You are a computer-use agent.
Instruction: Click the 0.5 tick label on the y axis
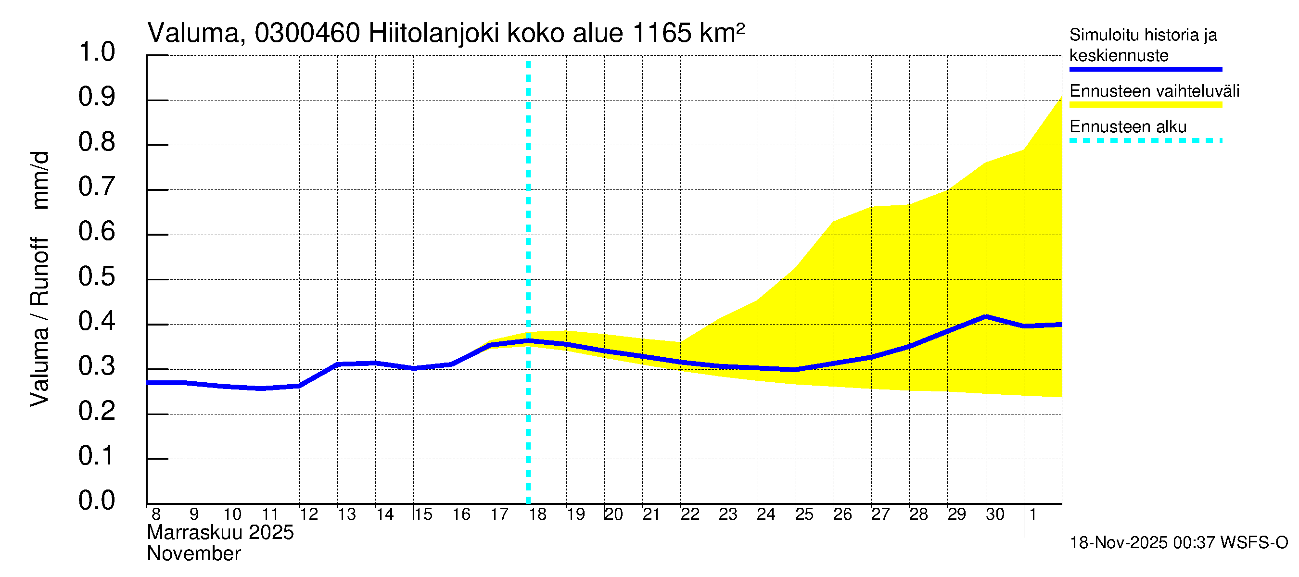click(x=96, y=276)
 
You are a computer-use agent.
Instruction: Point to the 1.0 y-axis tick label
click(x=96, y=52)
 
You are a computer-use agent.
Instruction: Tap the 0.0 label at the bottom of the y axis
click(x=96, y=501)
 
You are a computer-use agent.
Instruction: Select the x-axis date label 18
click(x=537, y=514)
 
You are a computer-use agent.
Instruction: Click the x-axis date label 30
click(x=995, y=514)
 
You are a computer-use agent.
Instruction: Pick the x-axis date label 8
click(x=156, y=514)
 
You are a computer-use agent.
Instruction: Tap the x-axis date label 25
click(x=804, y=514)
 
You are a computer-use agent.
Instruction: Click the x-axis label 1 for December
click(x=1033, y=514)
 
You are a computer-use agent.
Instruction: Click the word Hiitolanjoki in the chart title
click(x=433, y=34)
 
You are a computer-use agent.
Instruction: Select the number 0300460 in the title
click(x=307, y=34)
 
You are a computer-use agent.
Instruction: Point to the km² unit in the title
click(x=722, y=33)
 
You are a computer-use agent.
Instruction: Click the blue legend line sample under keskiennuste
click(x=1145, y=69)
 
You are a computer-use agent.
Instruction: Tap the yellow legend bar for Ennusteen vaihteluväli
click(x=1145, y=105)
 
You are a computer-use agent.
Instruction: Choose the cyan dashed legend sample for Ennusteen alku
click(x=1145, y=140)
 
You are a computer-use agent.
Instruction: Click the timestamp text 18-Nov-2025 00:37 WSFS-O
click(x=1178, y=543)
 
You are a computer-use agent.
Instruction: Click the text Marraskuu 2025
click(x=220, y=533)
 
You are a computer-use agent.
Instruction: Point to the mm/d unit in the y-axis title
click(x=40, y=180)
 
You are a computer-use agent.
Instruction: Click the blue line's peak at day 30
click(x=986, y=317)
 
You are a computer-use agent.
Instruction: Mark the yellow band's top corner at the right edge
click(x=1061, y=97)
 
